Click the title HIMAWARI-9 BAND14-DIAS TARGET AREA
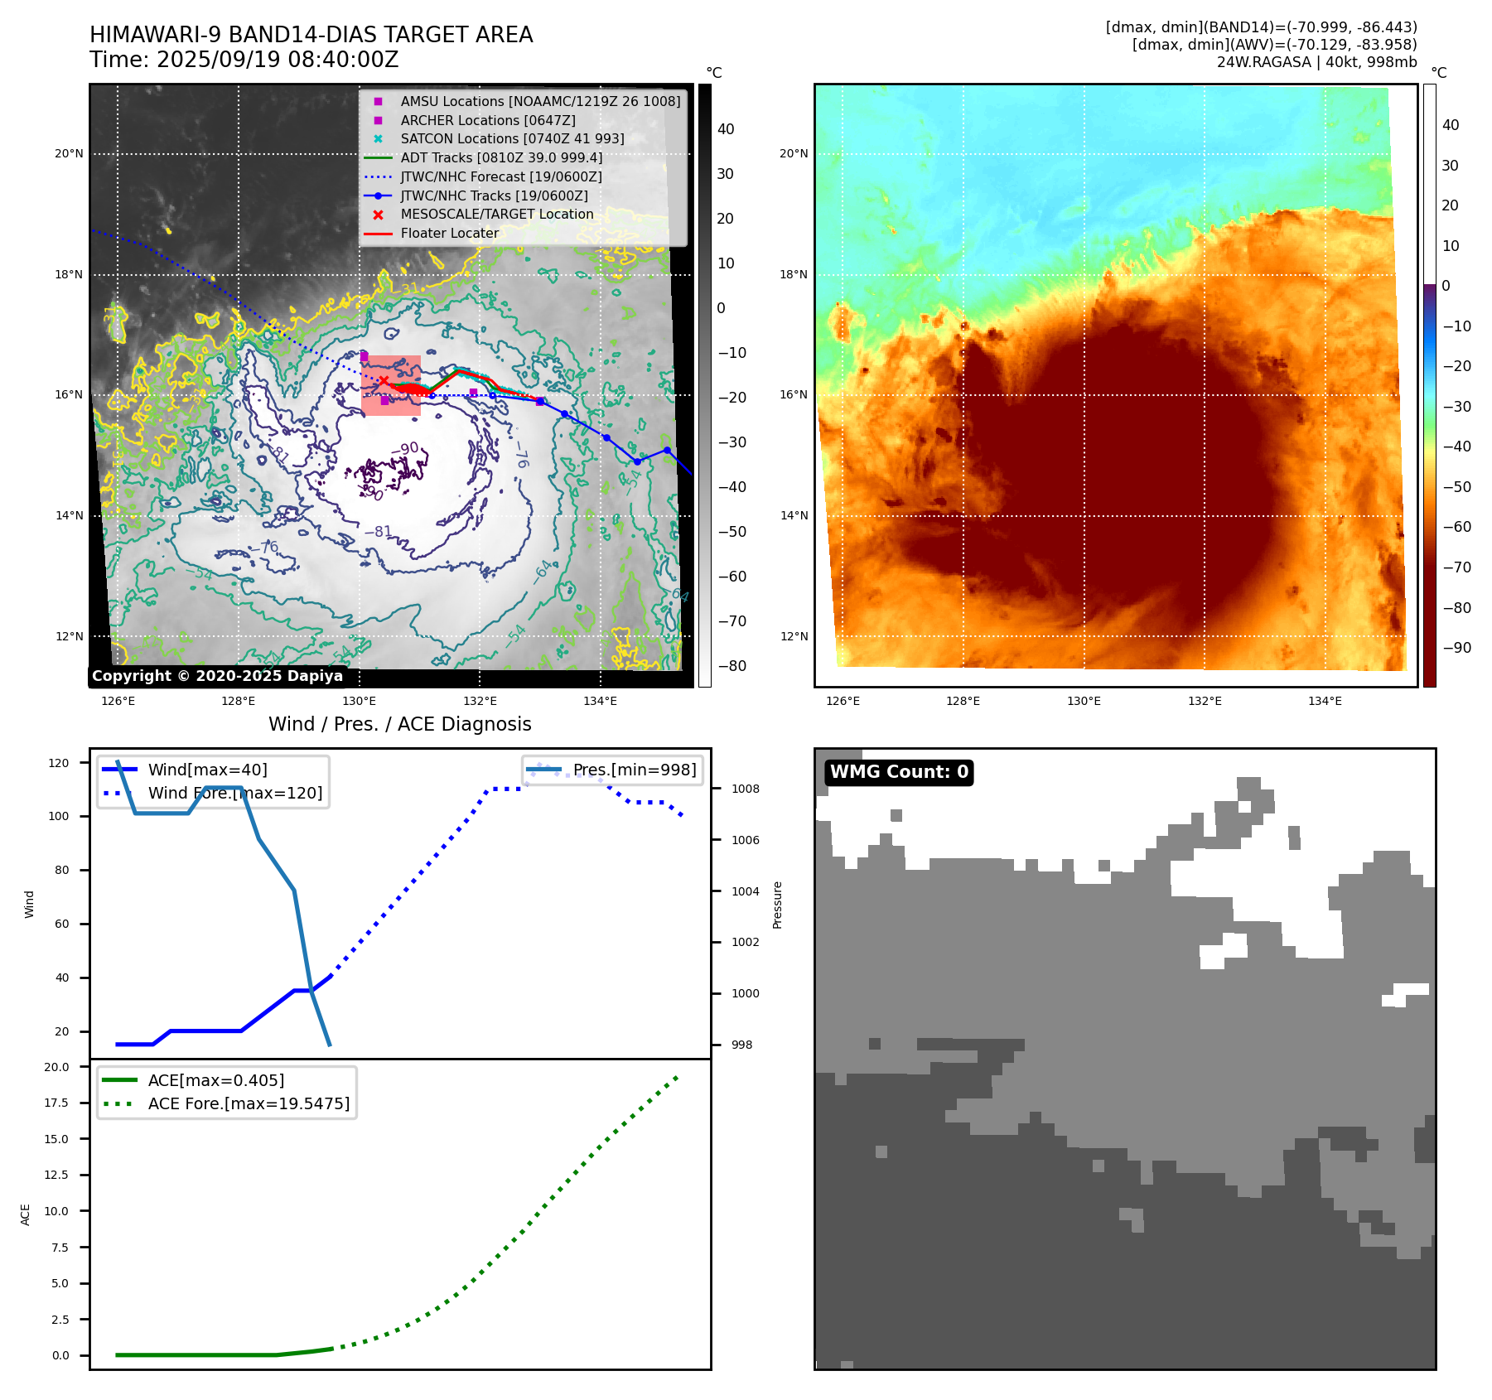click(311, 35)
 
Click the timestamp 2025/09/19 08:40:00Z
click(278, 60)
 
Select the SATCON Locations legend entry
click(512, 138)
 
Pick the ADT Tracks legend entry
click(501, 157)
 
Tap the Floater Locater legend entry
click(449, 234)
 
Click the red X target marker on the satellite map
click(384, 380)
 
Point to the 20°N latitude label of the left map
click(70, 153)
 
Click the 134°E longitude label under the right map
click(1325, 701)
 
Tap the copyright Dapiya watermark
click(217, 676)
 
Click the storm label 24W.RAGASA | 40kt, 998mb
click(1316, 62)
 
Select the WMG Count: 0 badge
click(899, 772)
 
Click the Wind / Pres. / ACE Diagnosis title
click(399, 724)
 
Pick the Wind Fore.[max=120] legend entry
click(235, 793)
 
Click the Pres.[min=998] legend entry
click(635, 770)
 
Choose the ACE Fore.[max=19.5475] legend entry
click(249, 1103)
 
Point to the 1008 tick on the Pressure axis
click(745, 789)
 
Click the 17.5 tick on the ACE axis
click(57, 1103)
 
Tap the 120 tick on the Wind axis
click(59, 763)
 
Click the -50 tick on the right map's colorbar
click(1456, 487)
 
